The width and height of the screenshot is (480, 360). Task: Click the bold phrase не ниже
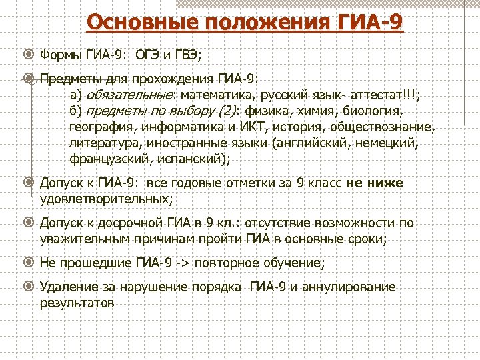[375, 183]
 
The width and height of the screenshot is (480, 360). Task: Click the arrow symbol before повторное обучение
[183, 263]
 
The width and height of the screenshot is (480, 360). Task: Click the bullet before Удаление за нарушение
[29, 287]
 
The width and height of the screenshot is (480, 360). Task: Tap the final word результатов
[77, 303]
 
